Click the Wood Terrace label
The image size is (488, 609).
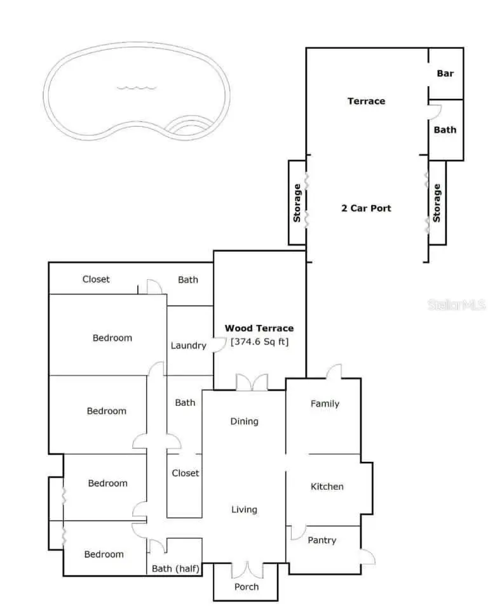(259, 328)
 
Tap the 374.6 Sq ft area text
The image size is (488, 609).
(259, 342)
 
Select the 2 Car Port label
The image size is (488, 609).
(366, 208)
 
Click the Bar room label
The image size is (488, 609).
(445, 73)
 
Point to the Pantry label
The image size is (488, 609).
(322, 540)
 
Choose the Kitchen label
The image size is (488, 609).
(327, 487)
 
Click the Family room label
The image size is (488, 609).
(325, 403)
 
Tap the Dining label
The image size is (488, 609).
(244, 421)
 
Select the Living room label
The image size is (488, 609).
(244, 509)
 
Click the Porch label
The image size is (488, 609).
(247, 587)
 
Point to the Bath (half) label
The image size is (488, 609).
(176, 568)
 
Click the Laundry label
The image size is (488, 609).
(189, 346)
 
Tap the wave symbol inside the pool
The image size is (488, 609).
(136, 88)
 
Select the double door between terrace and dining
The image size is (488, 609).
(252, 383)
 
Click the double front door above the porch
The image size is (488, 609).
(245, 569)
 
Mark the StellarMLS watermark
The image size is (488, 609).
(457, 305)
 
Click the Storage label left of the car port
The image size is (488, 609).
(297, 203)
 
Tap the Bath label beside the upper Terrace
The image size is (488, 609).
(445, 129)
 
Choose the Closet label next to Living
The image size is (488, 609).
(186, 473)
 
